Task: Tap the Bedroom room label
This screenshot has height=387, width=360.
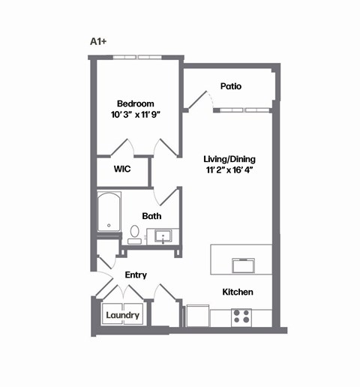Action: [135, 103]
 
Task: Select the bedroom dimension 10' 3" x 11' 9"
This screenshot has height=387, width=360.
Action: [135, 116]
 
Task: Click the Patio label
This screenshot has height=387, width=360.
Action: [230, 86]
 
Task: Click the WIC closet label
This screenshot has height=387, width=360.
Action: [122, 169]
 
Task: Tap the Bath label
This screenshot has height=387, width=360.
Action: [151, 216]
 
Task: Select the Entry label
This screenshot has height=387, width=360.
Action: [136, 275]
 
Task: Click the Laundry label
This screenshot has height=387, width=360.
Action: [122, 315]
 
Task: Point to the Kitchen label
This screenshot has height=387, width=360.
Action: [237, 292]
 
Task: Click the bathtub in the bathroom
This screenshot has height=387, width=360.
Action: [109, 212]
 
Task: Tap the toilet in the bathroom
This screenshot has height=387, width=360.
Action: [134, 235]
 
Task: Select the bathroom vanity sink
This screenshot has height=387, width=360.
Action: [163, 237]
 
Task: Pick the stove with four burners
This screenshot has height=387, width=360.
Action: [241, 317]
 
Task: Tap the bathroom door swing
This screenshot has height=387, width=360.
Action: [166, 196]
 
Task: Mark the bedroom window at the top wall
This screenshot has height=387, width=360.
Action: [136, 56]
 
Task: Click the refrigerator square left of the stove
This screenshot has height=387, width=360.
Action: [198, 315]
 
